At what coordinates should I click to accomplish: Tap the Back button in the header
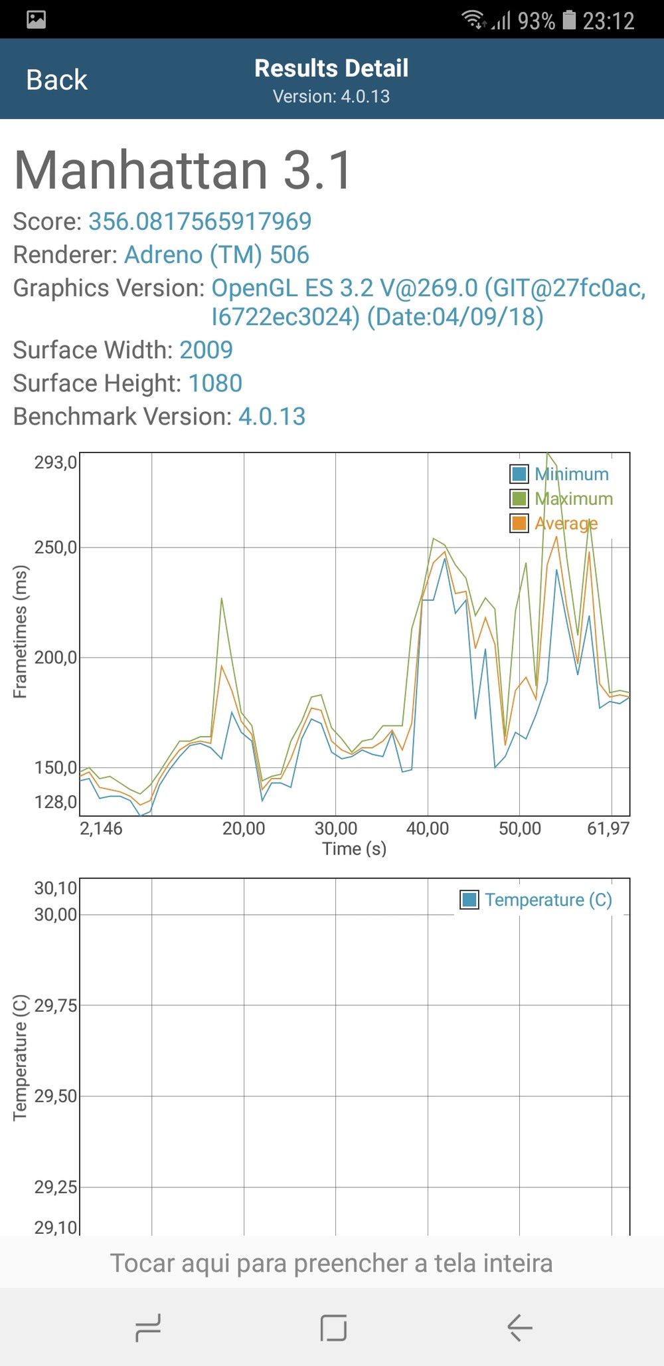[x=56, y=80]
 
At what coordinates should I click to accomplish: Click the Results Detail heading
[x=331, y=68]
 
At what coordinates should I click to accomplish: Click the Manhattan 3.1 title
[x=183, y=170]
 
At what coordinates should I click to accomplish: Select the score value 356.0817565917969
[x=200, y=221]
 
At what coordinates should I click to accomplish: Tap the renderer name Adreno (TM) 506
[x=216, y=254]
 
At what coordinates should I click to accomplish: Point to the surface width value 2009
[x=206, y=350]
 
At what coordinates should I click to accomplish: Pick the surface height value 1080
[x=215, y=383]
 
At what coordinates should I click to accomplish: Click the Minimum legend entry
[x=559, y=474]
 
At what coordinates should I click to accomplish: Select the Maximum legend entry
[x=561, y=499]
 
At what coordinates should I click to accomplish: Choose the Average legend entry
[x=554, y=524]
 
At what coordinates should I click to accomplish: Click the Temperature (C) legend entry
[x=537, y=900]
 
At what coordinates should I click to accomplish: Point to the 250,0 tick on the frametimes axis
[x=56, y=547]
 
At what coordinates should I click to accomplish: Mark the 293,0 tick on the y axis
[x=56, y=462]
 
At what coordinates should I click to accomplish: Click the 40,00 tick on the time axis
[x=428, y=829]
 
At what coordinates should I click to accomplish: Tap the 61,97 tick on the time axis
[x=608, y=829]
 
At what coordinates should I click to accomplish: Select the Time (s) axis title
[x=355, y=848]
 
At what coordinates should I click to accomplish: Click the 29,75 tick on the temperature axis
[x=56, y=1005]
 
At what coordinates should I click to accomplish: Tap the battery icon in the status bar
[x=569, y=20]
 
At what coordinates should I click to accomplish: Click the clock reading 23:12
[x=608, y=21]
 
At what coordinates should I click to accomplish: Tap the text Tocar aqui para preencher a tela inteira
[x=331, y=1263]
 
